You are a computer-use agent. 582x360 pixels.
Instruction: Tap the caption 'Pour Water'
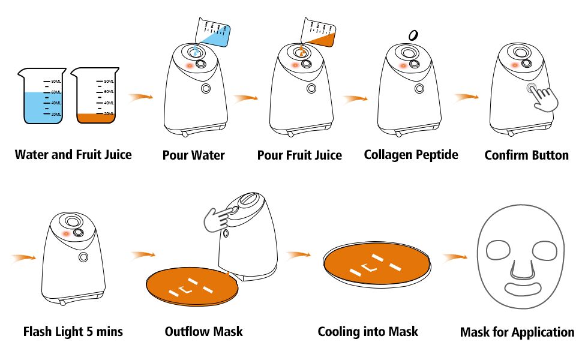[x=193, y=155]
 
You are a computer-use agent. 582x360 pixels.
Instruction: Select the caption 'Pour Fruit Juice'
[x=299, y=155]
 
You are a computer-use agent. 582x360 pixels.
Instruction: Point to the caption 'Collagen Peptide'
[x=411, y=155]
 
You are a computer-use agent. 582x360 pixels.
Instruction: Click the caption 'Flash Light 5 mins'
[x=73, y=331]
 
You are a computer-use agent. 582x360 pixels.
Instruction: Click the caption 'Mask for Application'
[x=517, y=332]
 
